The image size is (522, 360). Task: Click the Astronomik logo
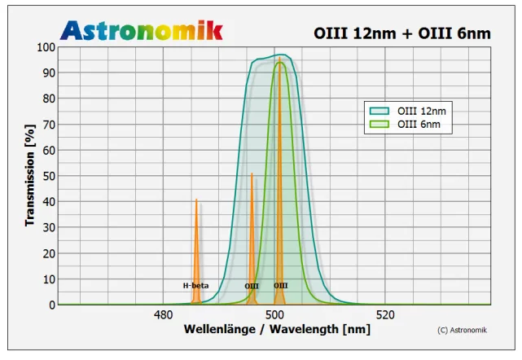click(141, 30)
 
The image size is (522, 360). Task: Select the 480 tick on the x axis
click(163, 315)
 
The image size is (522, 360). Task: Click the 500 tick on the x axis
click(274, 315)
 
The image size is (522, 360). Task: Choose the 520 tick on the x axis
click(386, 315)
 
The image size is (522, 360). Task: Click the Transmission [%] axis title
click(30, 175)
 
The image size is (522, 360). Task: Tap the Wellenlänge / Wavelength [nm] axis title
click(277, 329)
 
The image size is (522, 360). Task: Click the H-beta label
click(195, 286)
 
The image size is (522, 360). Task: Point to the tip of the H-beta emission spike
click(196, 200)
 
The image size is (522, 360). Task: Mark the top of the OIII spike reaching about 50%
click(252, 173)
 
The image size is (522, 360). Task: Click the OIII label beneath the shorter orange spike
click(252, 286)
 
